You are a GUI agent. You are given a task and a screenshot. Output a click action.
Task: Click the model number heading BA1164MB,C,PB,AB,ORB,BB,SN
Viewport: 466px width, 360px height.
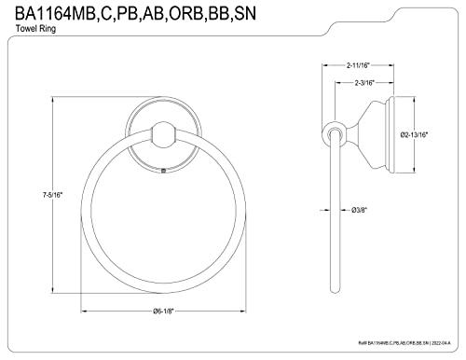136,13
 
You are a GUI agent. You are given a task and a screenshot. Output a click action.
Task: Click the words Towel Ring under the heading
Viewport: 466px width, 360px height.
35,29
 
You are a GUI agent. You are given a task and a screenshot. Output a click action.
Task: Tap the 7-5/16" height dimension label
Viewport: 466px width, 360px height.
52,195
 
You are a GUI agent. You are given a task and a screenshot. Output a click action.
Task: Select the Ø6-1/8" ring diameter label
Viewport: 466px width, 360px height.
162,311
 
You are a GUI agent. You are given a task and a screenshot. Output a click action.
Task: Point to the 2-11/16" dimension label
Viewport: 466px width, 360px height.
358,65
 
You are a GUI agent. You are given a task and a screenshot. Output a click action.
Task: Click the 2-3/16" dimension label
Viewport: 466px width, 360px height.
364,83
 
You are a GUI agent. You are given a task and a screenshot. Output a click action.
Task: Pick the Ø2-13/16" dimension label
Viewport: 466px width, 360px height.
414,134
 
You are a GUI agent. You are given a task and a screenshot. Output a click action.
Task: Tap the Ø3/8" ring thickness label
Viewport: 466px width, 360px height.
360,210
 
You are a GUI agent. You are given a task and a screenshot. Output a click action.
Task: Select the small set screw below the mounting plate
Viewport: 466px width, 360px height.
163,170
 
